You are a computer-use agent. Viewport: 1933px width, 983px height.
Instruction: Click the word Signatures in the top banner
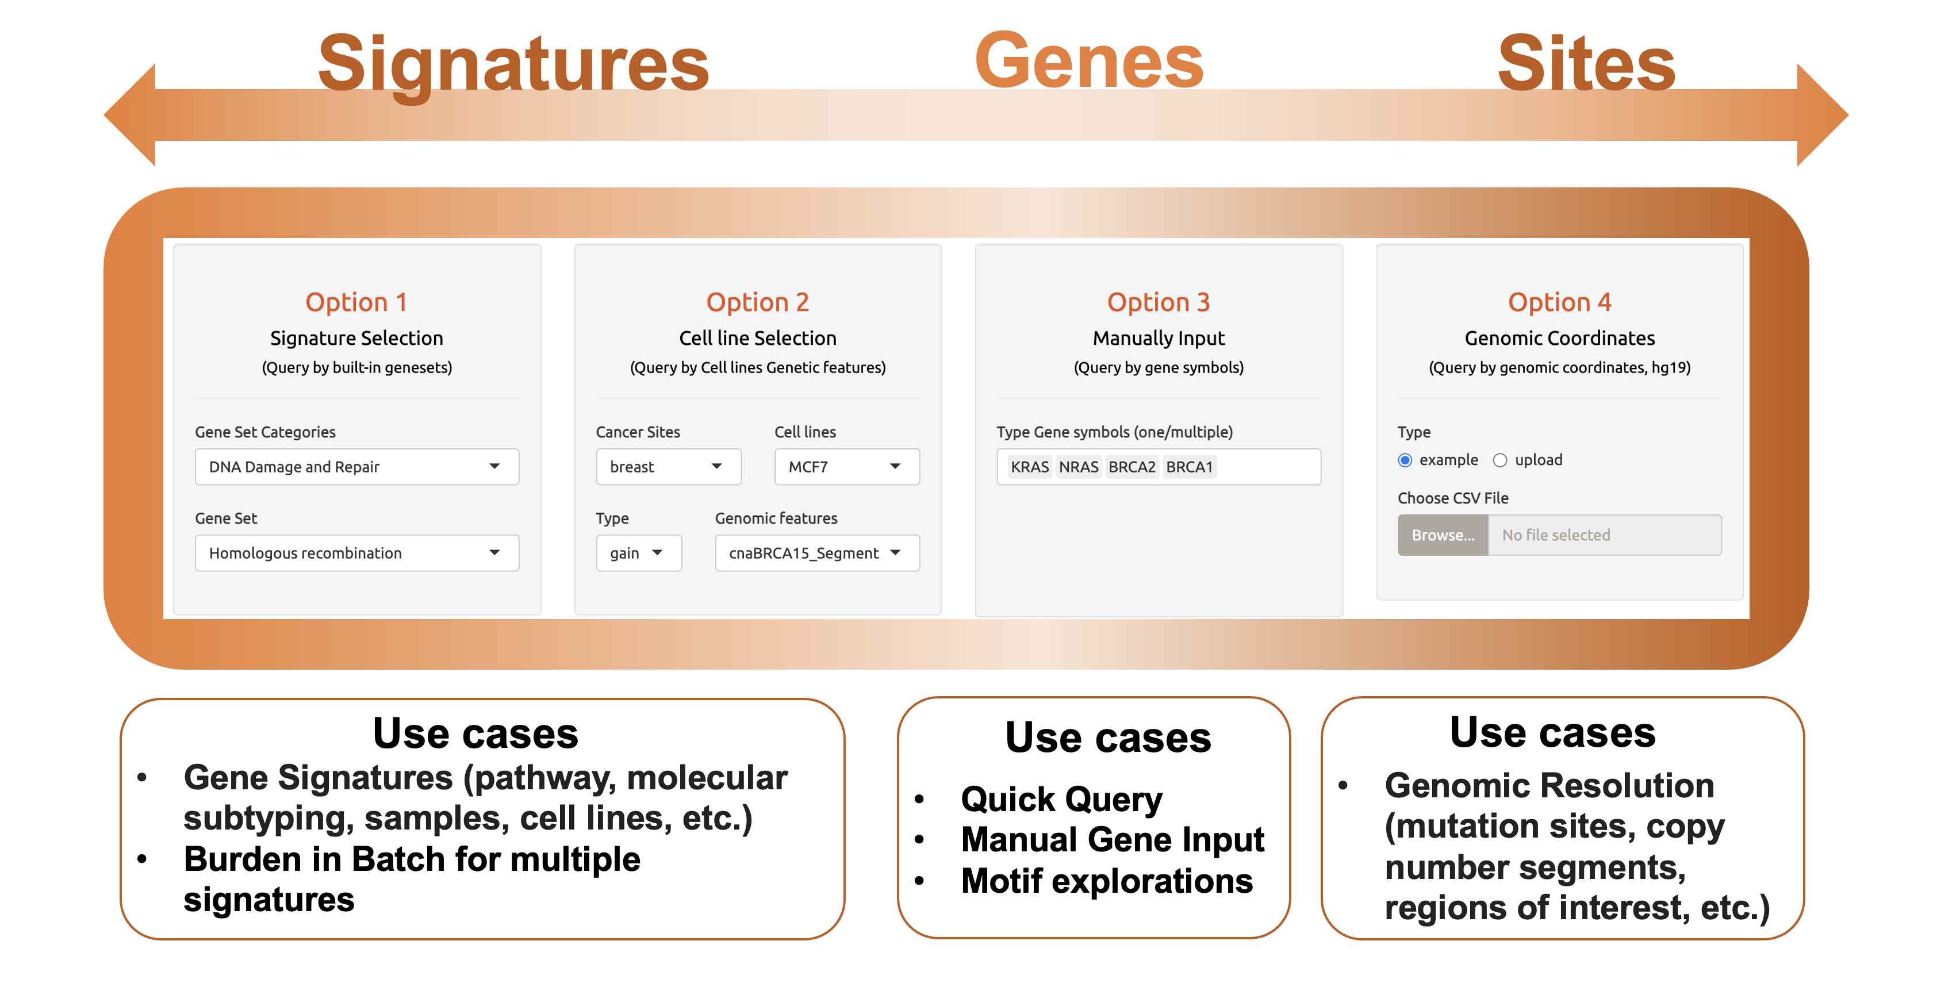513,66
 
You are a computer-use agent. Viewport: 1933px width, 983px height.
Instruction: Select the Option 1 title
356,302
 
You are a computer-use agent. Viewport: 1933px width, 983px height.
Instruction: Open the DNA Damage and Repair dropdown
356,467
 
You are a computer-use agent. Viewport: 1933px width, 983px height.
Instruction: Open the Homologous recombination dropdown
356,553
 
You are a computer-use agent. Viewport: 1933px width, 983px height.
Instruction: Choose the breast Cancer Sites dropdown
669,467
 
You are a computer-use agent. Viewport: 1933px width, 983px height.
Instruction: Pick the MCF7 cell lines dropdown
846,467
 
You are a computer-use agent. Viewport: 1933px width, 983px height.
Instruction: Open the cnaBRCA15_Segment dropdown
817,553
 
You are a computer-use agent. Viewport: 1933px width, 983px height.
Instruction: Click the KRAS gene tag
1030,467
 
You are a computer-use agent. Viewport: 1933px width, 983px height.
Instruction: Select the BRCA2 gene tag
1132,467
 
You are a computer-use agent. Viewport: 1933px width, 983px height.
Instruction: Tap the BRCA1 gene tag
1190,467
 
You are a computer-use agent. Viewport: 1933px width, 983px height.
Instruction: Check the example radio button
1405,460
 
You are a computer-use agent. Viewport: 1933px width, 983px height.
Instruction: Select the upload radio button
1500,460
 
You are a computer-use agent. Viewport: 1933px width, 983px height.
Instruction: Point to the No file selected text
1556,535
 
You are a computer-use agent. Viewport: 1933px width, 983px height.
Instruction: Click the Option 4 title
1559,302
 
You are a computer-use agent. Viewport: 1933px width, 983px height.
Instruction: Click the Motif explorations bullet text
1107,881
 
